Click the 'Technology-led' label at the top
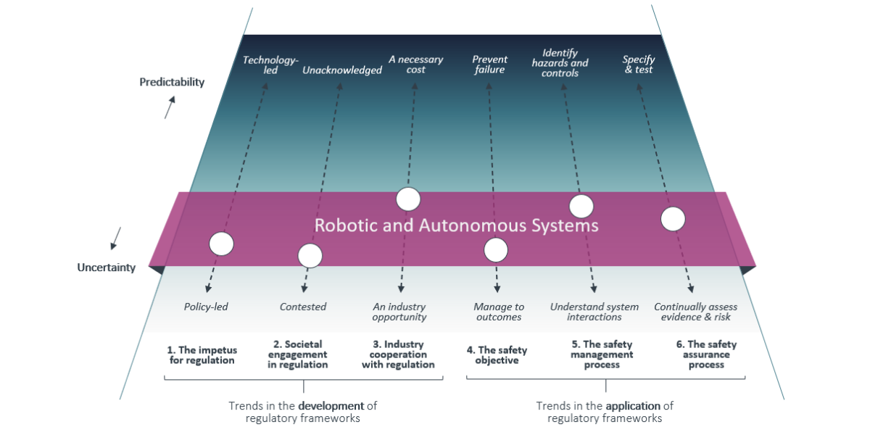coord(270,65)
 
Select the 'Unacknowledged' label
coord(342,70)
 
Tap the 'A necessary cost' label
coord(415,65)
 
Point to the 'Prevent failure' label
coord(490,65)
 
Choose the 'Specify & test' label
coord(639,65)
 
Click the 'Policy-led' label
coord(206,307)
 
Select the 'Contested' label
coord(303,307)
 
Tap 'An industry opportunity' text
coord(399,312)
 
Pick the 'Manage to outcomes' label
coord(499,312)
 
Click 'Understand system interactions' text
coord(594,312)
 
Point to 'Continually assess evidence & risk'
coord(692,312)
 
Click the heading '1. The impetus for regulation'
coord(202,355)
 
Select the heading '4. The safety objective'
coord(497,355)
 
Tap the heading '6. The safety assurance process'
coord(706,355)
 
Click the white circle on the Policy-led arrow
coord(221,244)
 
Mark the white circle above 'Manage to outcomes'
coord(496,250)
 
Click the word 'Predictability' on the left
coord(172,82)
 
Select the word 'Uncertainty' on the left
coord(107,268)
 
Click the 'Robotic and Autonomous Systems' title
coord(457,225)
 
